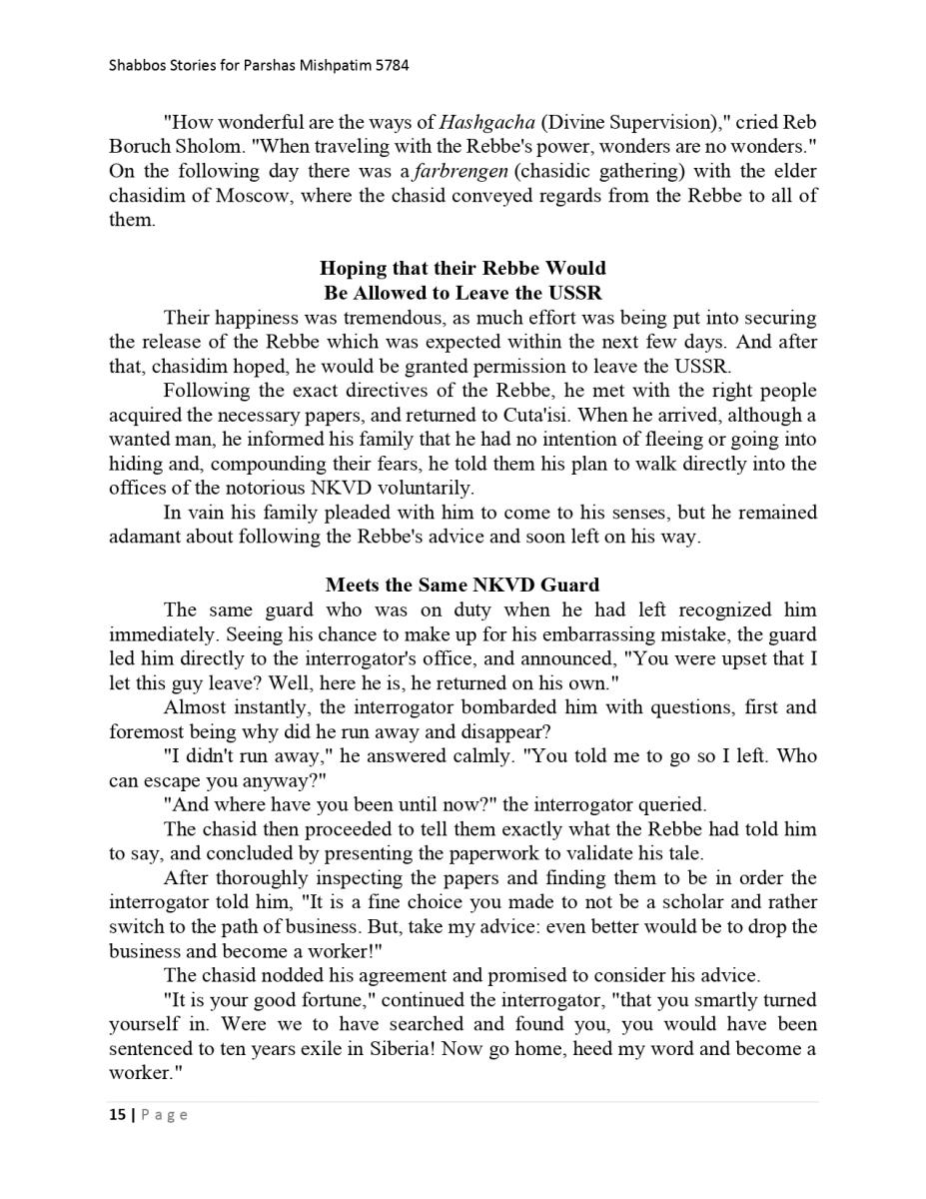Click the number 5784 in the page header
tap(391, 66)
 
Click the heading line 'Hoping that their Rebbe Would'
tap(463, 269)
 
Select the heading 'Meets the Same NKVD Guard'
tap(463, 586)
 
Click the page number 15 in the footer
tap(117, 1115)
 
